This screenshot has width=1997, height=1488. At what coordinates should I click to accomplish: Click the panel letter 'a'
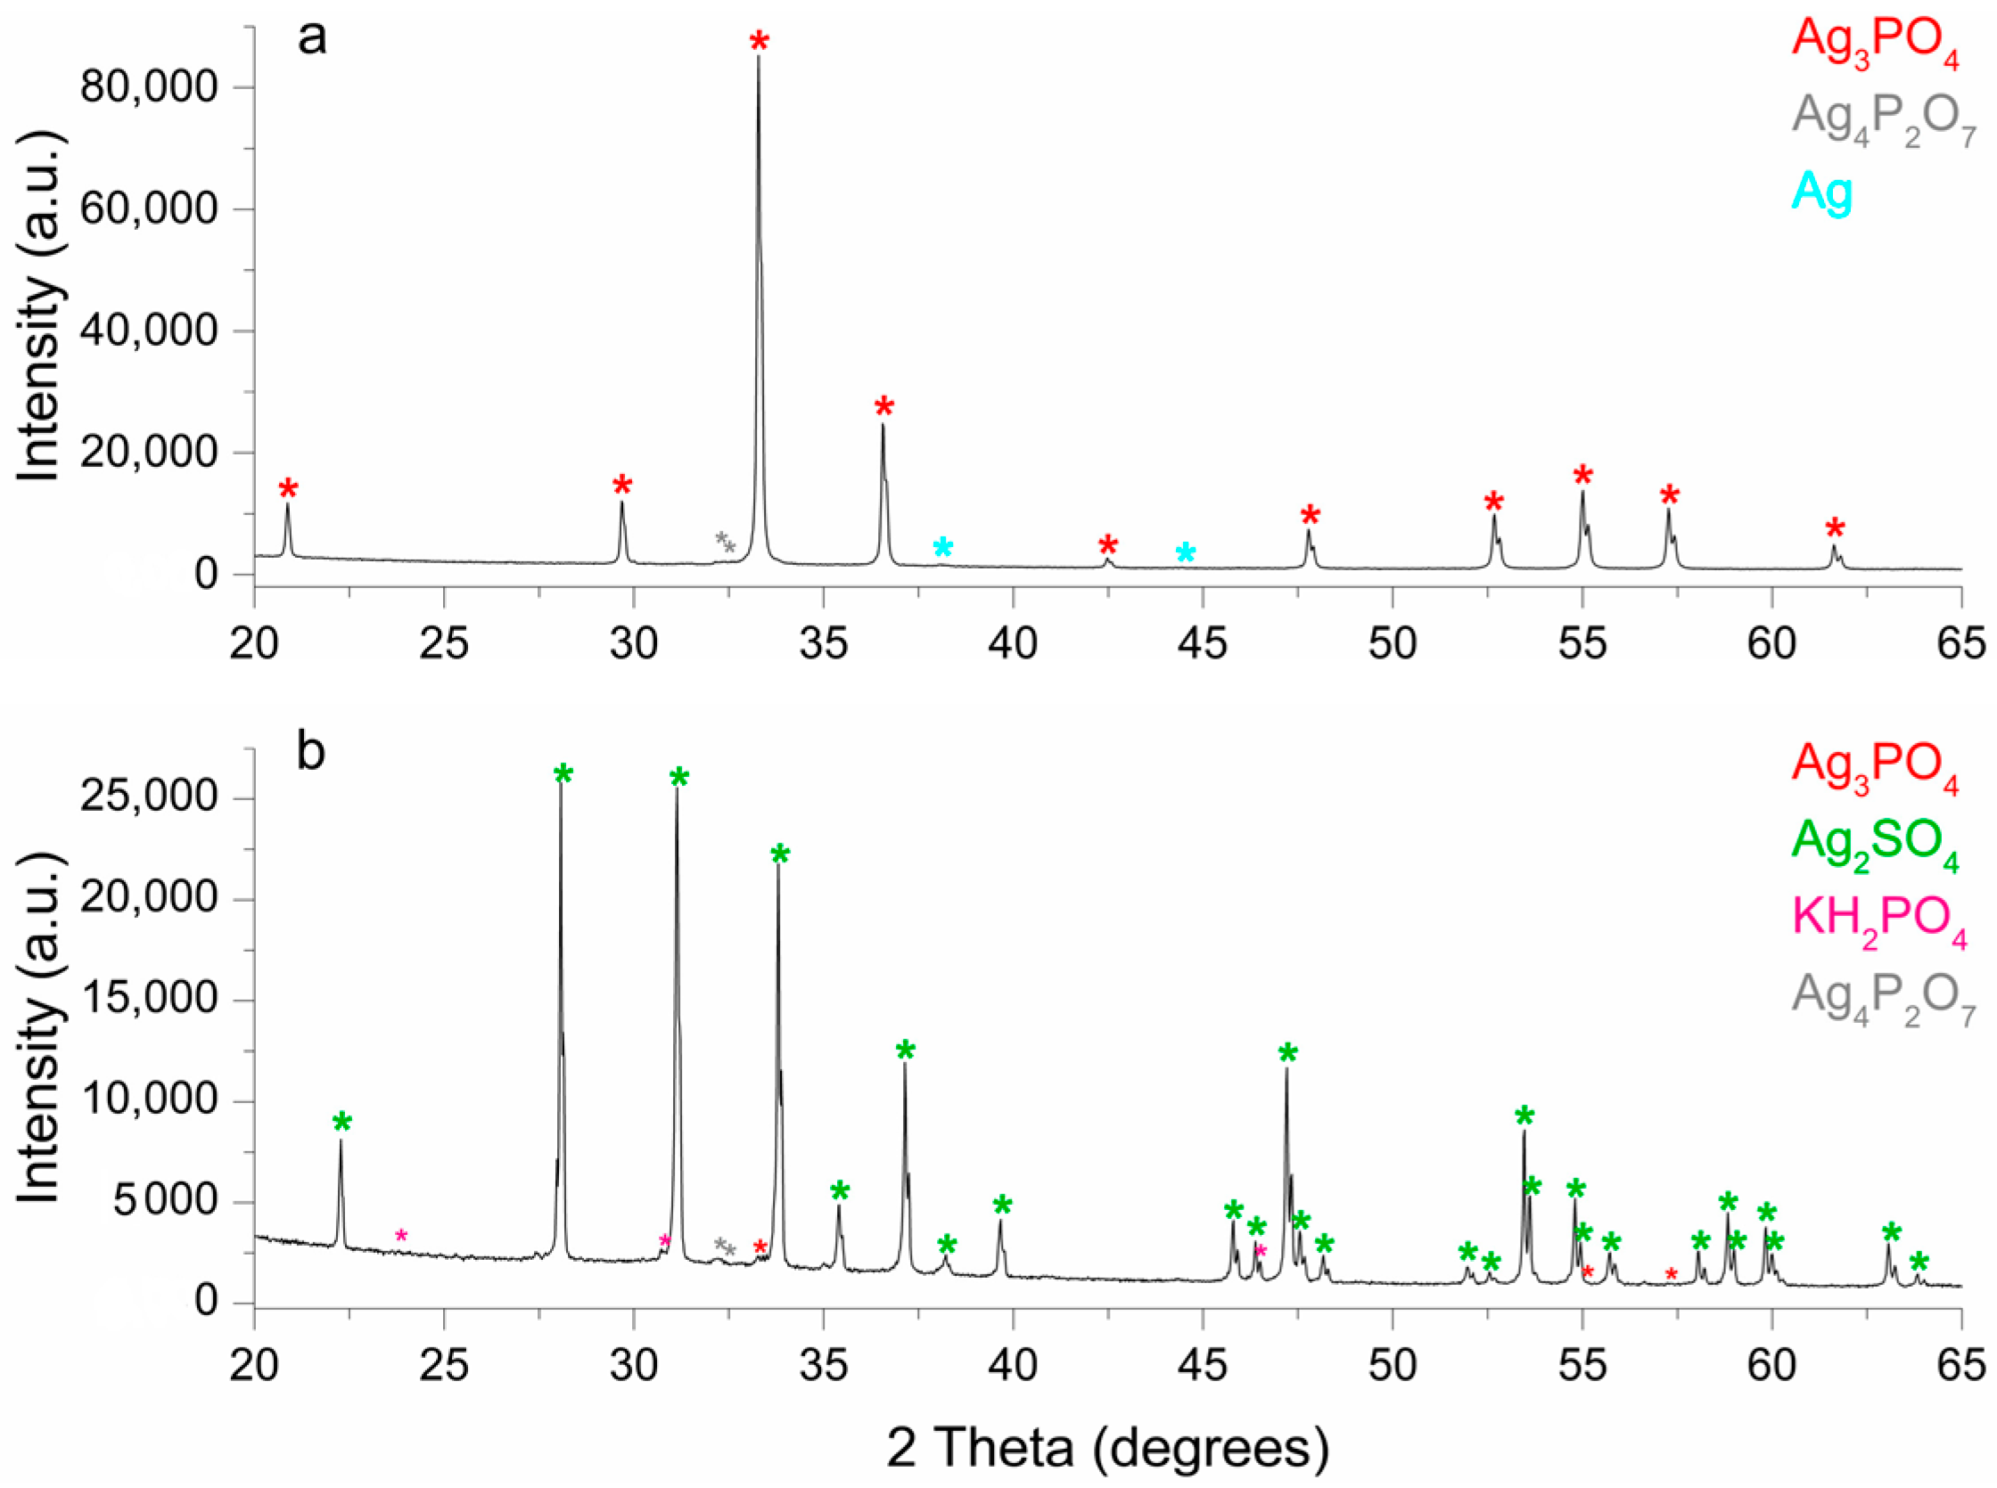pos(312,39)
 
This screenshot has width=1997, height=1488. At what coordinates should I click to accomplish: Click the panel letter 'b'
pos(311,753)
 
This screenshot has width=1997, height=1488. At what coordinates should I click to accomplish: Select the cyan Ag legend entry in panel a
pos(1821,192)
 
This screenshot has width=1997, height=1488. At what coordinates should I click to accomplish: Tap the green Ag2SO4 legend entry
pos(1875,844)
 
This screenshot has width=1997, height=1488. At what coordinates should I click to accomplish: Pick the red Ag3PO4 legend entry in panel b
pos(1875,766)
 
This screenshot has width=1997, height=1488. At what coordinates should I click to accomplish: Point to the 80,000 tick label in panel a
pos(149,87)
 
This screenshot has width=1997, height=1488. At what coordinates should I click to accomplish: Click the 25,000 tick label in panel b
pos(149,798)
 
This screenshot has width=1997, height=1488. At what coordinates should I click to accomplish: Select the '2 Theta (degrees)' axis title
pos(1107,1449)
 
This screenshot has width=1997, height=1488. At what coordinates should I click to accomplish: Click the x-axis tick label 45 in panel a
pos(1202,644)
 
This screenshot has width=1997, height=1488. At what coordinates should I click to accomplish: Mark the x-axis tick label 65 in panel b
pos(1961,1365)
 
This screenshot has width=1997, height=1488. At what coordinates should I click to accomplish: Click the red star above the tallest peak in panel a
pos(760,42)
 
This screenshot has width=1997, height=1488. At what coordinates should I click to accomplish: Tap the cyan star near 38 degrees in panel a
pos(942,548)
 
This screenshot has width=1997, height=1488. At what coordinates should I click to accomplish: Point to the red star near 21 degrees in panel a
pos(287,490)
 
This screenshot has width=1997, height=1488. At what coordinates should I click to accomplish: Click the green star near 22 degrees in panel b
pos(341,1123)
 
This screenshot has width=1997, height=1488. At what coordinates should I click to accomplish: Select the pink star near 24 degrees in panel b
pos(402,1235)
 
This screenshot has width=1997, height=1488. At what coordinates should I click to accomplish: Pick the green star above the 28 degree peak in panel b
pos(563,773)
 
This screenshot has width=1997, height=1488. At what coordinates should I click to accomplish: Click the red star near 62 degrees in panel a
pos(1835,528)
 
